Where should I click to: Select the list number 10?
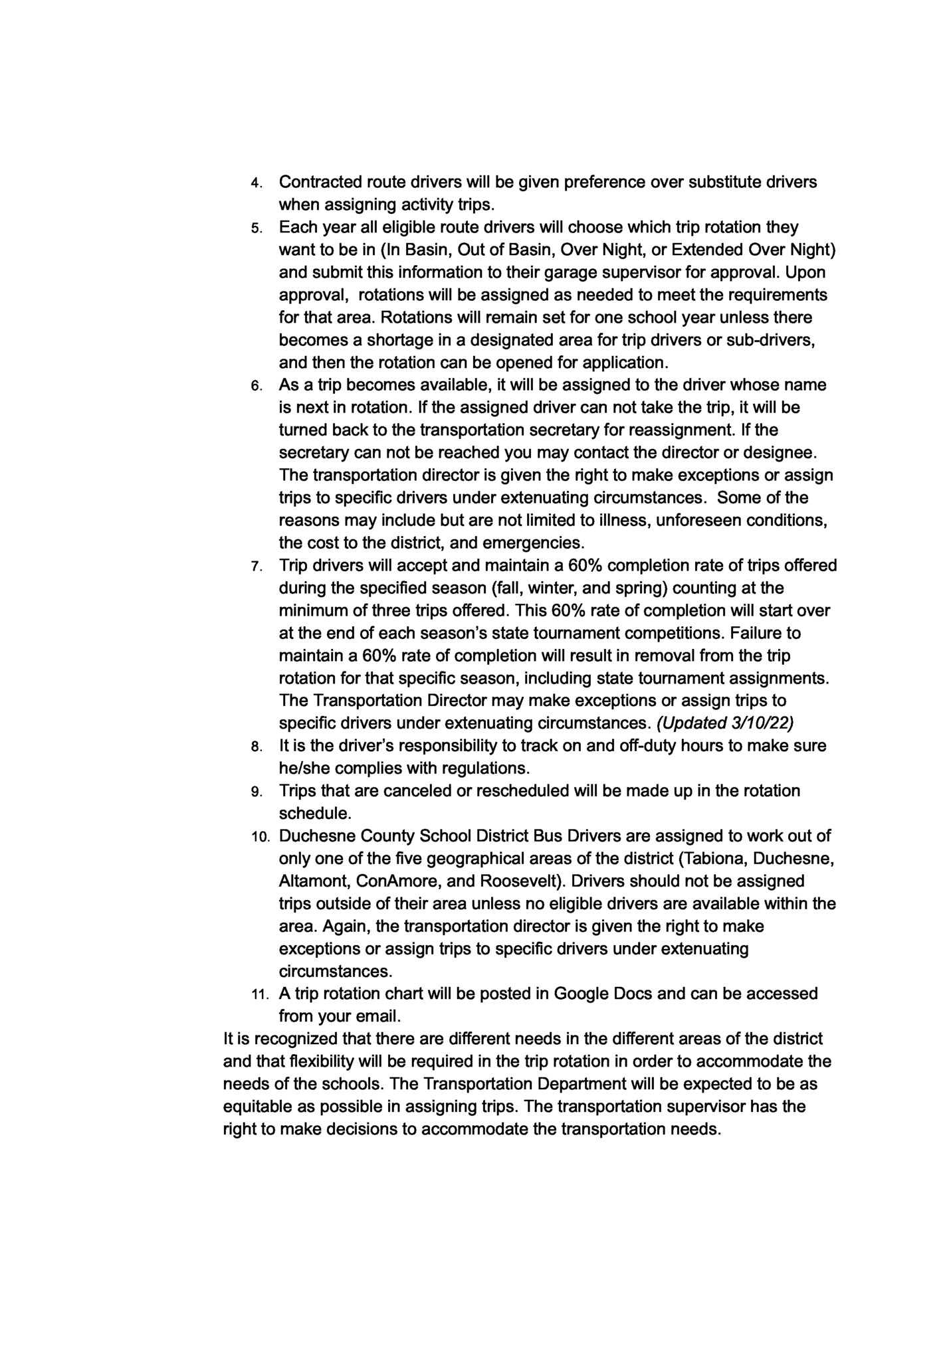click(x=259, y=838)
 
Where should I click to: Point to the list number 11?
click(x=259, y=996)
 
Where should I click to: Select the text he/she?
click(x=304, y=768)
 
